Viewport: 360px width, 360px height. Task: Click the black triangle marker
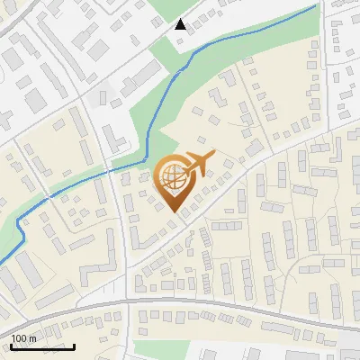click(x=181, y=24)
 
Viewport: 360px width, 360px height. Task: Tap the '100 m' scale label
click(x=23, y=337)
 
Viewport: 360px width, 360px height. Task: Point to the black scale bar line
click(x=42, y=346)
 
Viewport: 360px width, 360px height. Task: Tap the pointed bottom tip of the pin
click(x=175, y=212)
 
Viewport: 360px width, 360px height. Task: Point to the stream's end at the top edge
click(x=317, y=4)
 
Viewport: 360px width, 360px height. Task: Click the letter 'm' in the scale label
click(x=32, y=337)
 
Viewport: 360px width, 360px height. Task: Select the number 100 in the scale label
click(x=19, y=337)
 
